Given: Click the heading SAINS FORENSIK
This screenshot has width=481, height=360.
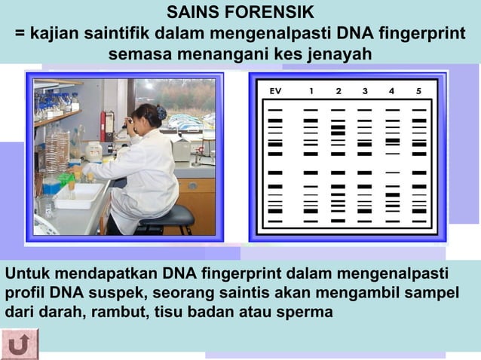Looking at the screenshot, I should (x=240, y=13).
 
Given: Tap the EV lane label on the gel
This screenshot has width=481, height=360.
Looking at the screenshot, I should (x=276, y=91).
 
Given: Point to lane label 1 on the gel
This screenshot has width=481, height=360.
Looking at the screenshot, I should (x=311, y=91).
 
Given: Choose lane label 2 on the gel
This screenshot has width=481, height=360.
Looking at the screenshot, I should (x=338, y=91).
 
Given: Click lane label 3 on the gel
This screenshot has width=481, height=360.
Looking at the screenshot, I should (x=365, y=91).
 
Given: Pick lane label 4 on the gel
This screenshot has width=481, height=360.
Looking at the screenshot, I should (x=392, y=91).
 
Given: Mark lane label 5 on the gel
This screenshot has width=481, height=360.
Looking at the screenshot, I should (x=419, y=91).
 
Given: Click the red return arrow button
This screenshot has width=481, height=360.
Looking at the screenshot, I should (x=20, y=344).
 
